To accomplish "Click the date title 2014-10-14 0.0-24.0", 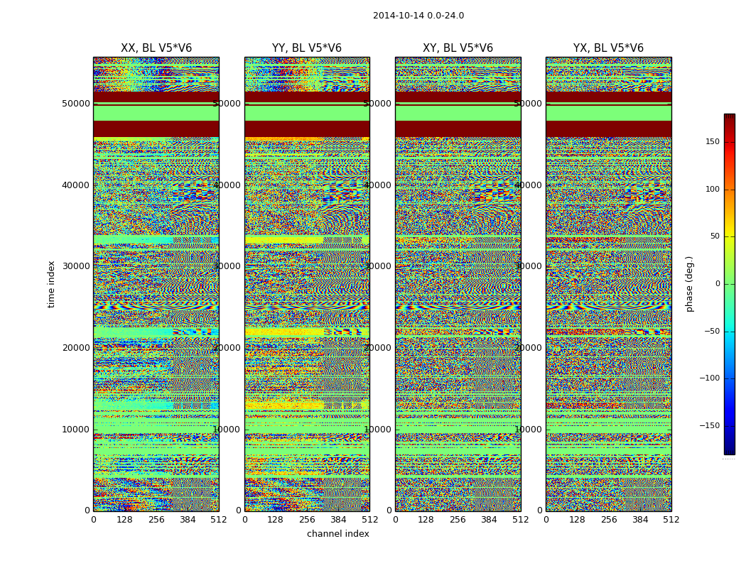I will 418,16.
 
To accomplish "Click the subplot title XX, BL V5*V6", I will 156,48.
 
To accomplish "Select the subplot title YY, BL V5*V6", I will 307,48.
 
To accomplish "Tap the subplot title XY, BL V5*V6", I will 458,48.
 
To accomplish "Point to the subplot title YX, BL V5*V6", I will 608,48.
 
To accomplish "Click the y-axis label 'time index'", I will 51,284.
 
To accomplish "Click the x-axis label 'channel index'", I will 338,534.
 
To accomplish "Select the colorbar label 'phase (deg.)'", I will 689,284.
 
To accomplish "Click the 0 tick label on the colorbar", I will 737,284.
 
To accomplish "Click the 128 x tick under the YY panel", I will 276,520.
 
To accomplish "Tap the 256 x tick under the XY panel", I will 458,520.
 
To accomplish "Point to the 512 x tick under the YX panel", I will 671,520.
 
